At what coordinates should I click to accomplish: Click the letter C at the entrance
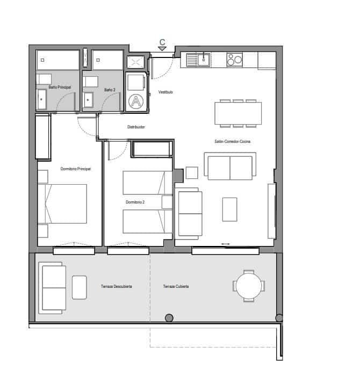pos(162,41)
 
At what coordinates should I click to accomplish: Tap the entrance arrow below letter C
pos(162,49)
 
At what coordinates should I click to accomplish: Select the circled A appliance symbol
pos(137,100)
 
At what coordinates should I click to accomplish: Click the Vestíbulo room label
pos(165,92)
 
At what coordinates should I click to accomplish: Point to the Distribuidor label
pos(136,127)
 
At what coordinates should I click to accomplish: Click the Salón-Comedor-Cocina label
pos(233,141)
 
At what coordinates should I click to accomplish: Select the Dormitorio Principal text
pos(76,169)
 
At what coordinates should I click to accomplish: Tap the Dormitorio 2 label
pos(135,202)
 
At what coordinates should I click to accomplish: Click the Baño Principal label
pos(60,87)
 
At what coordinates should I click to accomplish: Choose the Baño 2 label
pos(110,90)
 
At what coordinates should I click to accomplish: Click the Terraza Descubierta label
pos(116,286)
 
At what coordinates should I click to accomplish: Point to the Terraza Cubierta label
pos(176,286)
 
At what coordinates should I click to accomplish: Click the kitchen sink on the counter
pos(204,60)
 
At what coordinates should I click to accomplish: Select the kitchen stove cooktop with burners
pos(234,59)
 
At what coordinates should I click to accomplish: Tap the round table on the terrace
pos(248,285)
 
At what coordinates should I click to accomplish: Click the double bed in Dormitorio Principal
pos(65,204)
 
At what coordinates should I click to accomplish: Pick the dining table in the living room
pos(238,113)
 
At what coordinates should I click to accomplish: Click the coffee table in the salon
pos(230,209)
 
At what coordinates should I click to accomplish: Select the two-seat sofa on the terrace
pos(53,287)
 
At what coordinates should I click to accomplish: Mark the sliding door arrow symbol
pos(225,244)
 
